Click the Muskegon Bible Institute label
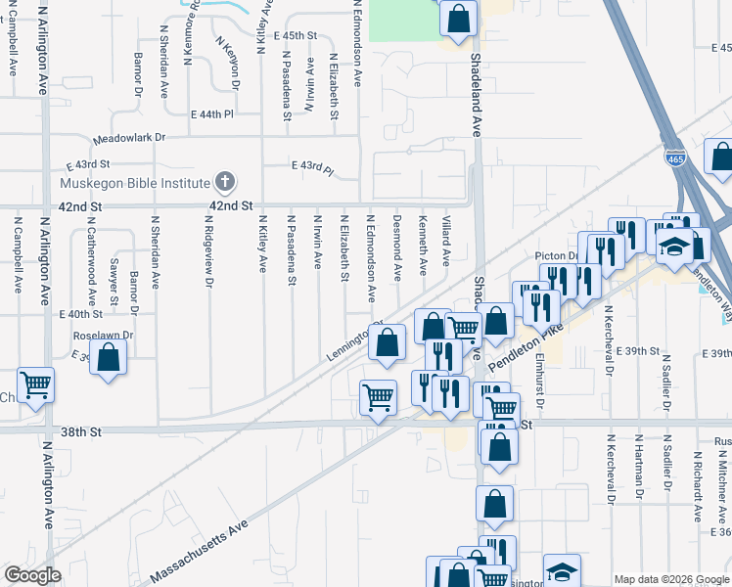[x=135, y=183]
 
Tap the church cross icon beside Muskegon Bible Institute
[x=225, y=182]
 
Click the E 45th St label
[x=297, y=35]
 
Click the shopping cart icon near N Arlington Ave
[x=36, y=384]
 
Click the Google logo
[x=32, y=575]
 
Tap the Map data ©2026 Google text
[x=670, y=579]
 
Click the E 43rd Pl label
[x=312, y=167]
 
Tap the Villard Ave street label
[x=446, y=241]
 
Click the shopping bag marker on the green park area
[x=458, y=17]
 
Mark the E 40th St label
[x=81, y=314]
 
